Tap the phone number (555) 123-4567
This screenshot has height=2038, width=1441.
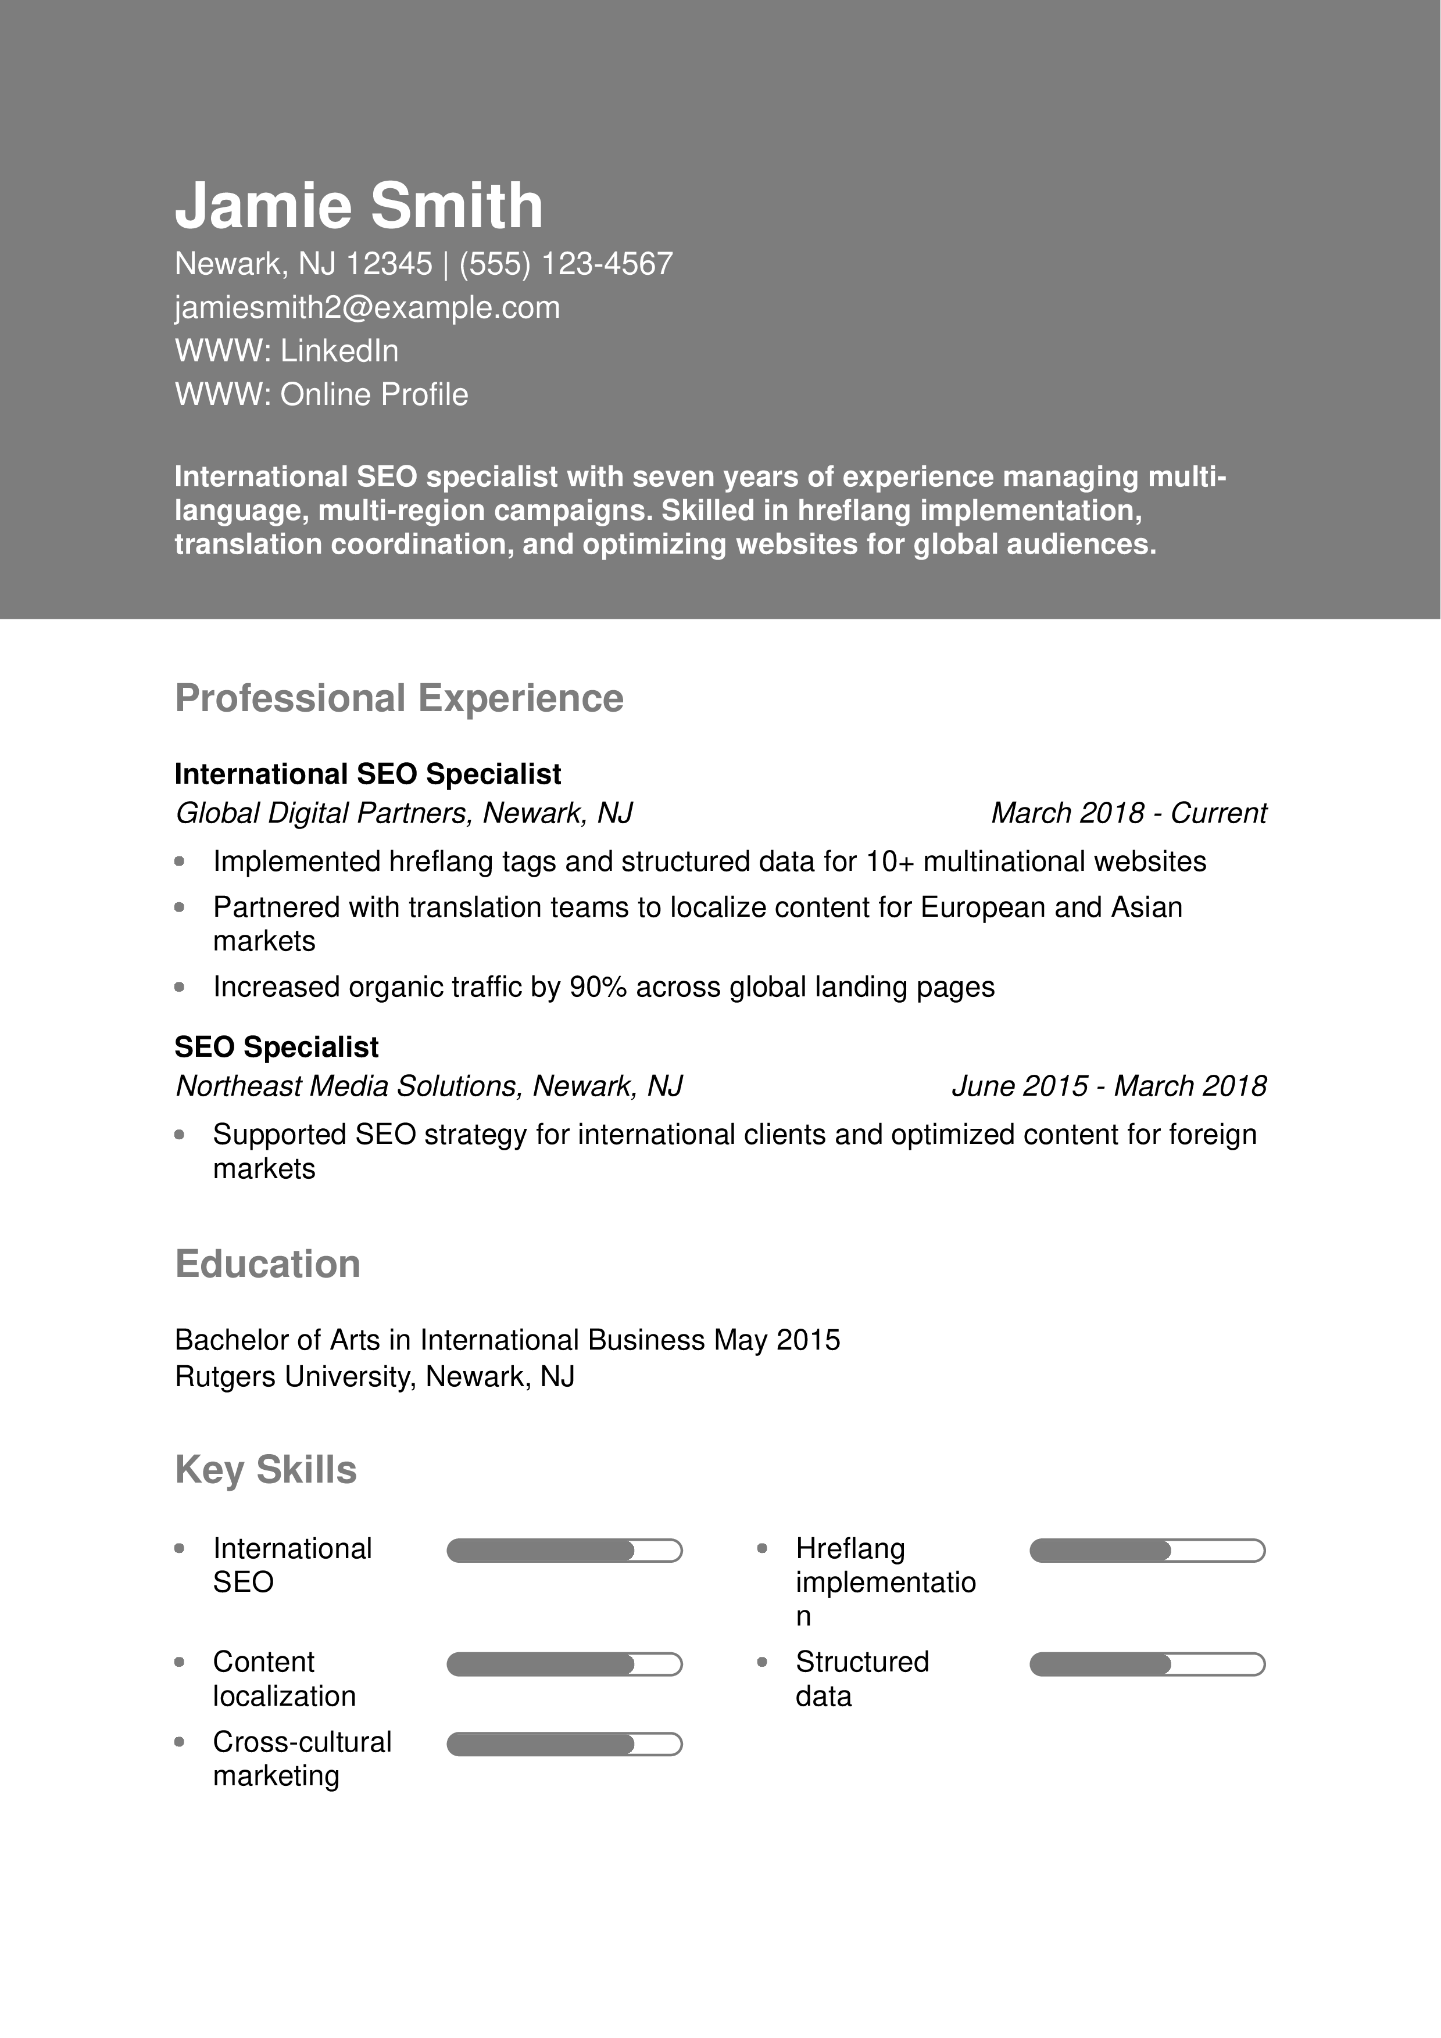pos(566,264)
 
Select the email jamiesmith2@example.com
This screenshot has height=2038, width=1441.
pos(367,307)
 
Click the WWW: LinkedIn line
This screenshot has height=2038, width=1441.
pos(287,351)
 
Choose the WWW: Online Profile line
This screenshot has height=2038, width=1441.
pos(321,394)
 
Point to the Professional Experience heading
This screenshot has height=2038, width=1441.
pos(399,698)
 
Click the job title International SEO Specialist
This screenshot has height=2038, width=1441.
pos(367,774)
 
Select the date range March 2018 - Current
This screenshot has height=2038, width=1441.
pos(1128,813)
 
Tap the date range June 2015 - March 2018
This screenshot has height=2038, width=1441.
pos(1108,1086)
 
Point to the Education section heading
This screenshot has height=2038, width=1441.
pos(267,1264)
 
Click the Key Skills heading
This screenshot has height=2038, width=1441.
pos(266,1470)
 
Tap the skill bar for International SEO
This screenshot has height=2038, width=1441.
pos(564,1551)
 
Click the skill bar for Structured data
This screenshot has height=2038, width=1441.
pos(1146,1664)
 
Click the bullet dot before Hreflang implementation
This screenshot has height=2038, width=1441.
pos(762,1548)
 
